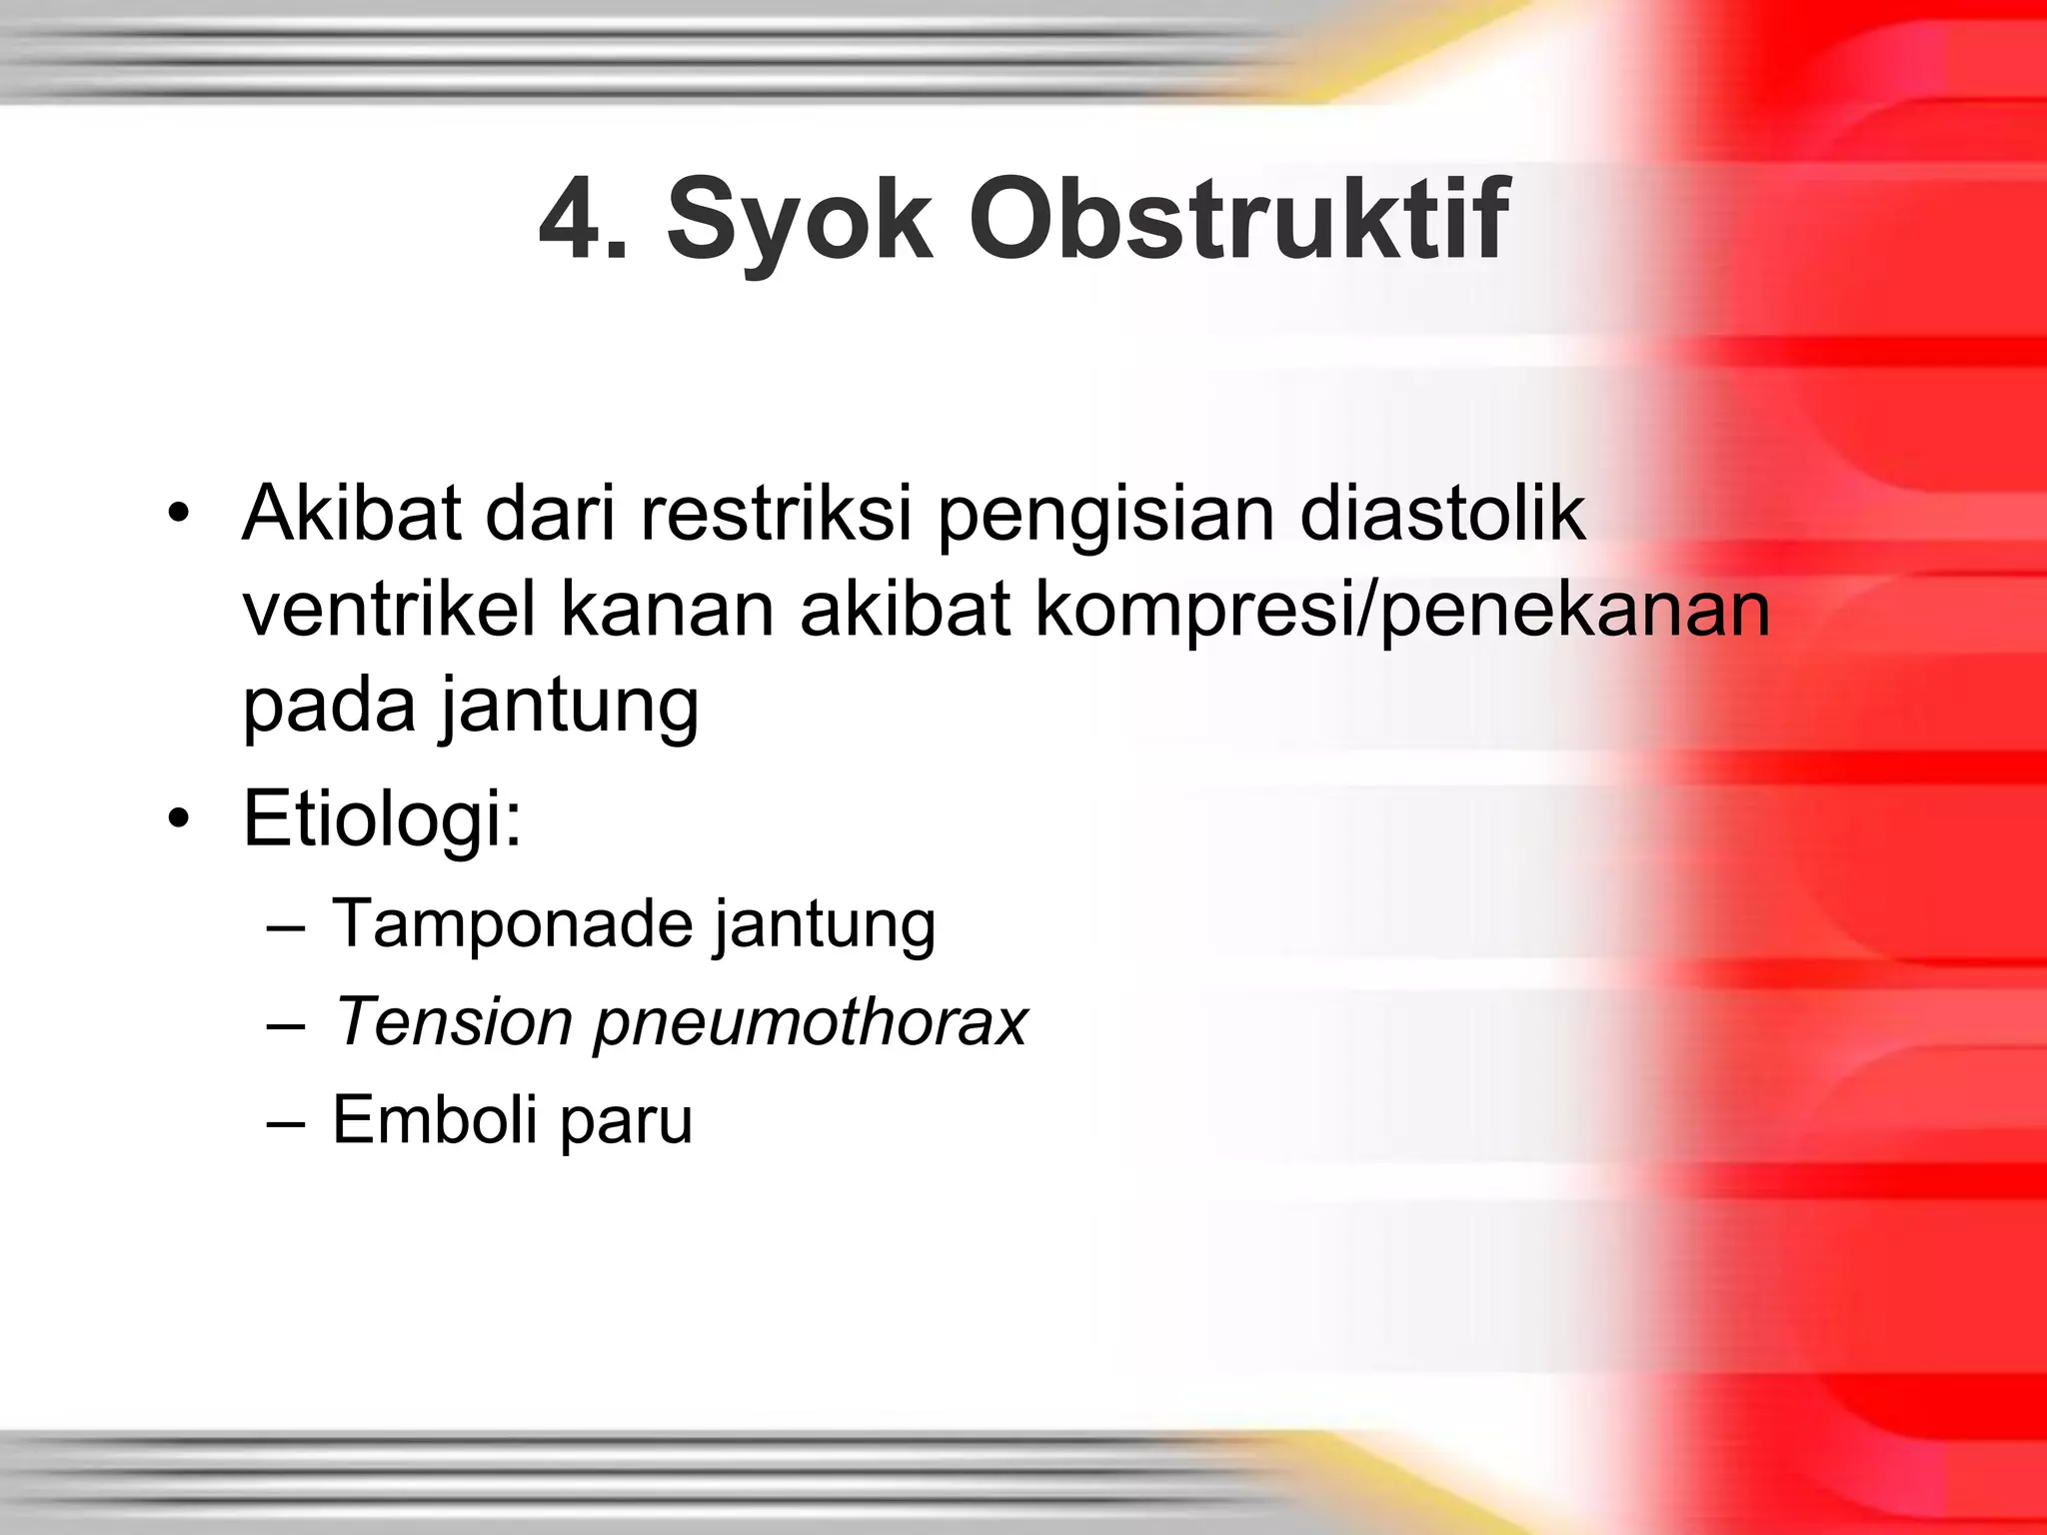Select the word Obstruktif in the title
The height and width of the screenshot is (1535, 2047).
click(1238, 219)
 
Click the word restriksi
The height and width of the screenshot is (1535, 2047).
click(776, 514)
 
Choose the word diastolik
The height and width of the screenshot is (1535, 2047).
click(1442, 514)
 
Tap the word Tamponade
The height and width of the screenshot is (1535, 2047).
click(512, 922)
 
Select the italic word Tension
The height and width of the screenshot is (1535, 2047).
click(453, 1021)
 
